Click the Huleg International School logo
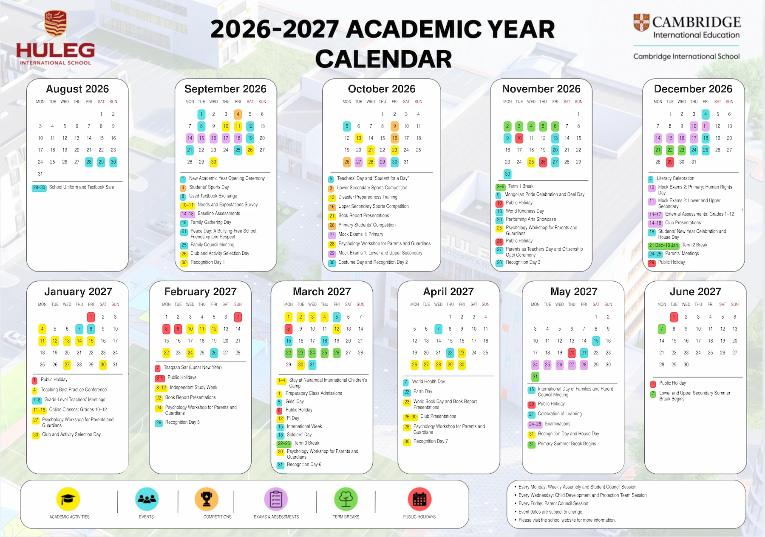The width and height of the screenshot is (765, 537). coord(55,38)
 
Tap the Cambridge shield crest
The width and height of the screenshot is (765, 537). coord(641,23)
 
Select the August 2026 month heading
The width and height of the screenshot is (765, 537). coord(77,89)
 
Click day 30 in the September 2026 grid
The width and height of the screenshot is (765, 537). coord(213,162)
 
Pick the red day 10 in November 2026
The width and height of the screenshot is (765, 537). coord(519,138)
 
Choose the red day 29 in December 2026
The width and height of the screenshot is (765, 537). coord(670,162)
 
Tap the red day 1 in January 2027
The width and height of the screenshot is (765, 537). coord(91,317)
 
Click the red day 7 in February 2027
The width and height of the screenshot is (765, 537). coord(238,317)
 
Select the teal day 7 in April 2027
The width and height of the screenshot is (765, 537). coord(438,329)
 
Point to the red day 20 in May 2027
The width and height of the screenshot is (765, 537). coord(572,353)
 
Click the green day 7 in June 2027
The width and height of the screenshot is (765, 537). coord(662,329)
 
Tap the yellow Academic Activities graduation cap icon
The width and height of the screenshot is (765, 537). coord(68,499)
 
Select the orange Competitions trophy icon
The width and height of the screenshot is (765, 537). coord(207,499)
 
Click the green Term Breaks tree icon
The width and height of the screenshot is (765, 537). coord(346,499)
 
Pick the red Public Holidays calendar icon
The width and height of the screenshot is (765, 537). coord(419,499)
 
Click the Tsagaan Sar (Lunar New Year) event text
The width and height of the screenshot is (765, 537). coord(193,368)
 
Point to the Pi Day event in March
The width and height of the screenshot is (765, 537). coord(293,418)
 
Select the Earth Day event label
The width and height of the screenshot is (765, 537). coord(422,391)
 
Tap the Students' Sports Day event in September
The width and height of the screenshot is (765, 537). coord(209,187)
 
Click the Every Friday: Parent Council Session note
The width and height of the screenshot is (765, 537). coord(553,503)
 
